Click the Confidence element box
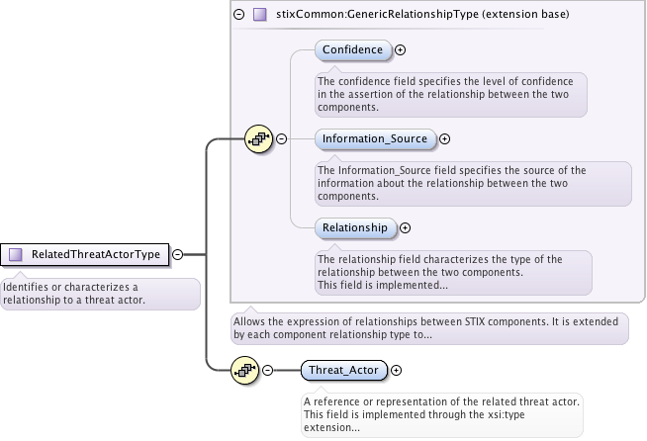352,49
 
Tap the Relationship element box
355,227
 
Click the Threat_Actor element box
344,371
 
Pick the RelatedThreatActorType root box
85,254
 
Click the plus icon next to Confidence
401,49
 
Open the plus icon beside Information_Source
445,139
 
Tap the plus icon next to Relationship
406,228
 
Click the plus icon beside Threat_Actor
397,371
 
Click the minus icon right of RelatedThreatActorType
178,254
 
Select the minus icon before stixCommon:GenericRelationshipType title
238,15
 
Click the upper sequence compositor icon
258,139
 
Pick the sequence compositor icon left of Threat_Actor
244,371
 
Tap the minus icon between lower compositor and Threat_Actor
268,371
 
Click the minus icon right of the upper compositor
282,139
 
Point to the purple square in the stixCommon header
260,15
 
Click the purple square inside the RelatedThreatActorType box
16,254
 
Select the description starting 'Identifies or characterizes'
98,294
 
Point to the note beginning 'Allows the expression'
428,328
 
